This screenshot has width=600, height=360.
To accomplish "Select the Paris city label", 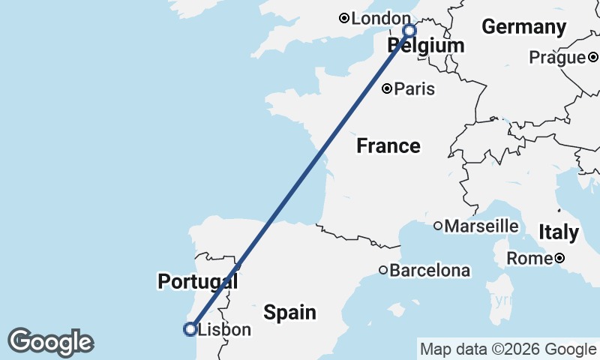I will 415,89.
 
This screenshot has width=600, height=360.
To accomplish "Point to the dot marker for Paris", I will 387,89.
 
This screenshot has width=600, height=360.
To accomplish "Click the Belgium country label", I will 426,46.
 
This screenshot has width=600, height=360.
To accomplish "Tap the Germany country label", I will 523,27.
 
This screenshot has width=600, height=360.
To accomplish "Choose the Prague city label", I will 556,57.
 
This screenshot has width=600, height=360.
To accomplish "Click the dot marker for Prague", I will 592,57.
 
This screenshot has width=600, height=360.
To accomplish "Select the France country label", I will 388,145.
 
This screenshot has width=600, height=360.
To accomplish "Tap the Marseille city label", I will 481,226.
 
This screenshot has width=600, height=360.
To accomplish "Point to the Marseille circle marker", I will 438,226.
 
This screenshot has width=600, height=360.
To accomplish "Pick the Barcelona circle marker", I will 382,270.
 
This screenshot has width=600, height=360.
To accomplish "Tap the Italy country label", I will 559,232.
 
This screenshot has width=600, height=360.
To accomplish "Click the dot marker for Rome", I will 559,259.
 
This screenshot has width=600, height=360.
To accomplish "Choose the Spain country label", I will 289,311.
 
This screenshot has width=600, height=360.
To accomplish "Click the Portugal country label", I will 197,282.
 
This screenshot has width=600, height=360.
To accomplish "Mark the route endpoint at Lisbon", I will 190,328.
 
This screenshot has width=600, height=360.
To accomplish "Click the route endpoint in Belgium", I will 409,31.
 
